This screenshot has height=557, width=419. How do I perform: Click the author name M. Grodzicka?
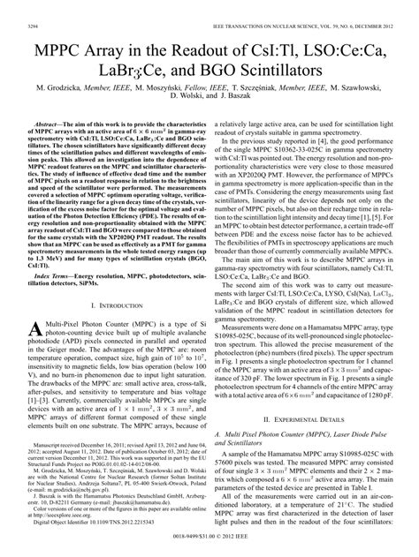click(61, 78)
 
